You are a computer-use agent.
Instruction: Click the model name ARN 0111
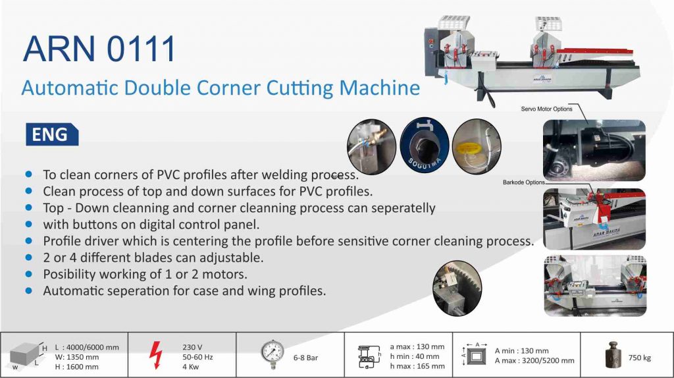(99, 49)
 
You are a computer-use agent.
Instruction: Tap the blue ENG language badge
(51, 135)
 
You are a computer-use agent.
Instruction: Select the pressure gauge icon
(272, 356)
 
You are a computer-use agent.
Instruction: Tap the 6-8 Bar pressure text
(306, 358)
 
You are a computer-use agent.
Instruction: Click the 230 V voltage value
(192, 347)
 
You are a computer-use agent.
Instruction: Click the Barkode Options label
(524, 182)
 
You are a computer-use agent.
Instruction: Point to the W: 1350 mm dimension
(78, 357)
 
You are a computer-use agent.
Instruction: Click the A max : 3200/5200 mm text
(534, 361)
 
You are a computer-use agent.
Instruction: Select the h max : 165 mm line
(417, 366)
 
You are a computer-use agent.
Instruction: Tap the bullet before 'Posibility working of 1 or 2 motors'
(28, 273)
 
